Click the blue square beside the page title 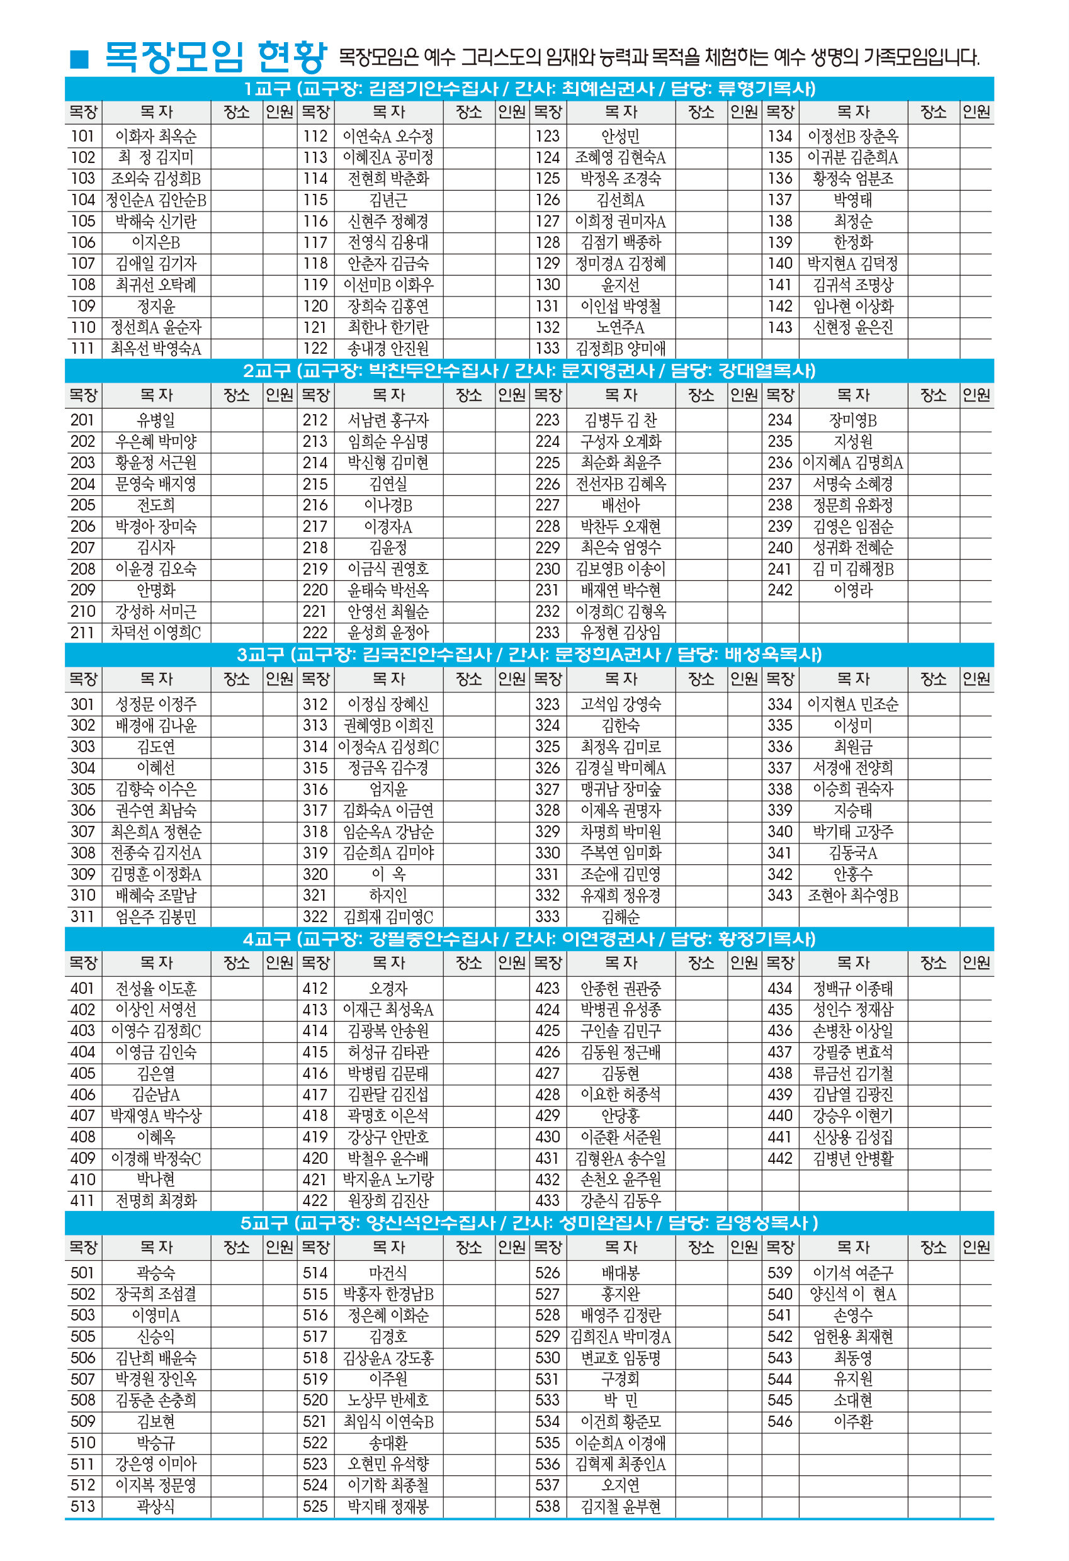pos(79,59)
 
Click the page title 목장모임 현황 pos(216,57)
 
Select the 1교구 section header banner pos(529,89)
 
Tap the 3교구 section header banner pos(529,654)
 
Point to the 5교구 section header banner pos(529,1222)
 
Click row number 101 pos(82,137)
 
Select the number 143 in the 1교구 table pos(779,327)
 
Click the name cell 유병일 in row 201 pos(156,420)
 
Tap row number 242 pos(779,590)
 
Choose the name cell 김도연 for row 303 pos(156,747)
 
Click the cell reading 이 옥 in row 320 pos(388,874)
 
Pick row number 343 pos(779,894)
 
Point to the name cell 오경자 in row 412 pos(388,988)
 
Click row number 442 pos(779,1158)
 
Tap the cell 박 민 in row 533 pos(620,1400)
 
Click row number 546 pos(779,1421)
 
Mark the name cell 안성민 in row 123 pos(620,137)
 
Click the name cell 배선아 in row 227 pos(620,504)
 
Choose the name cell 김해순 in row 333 pos(620,916)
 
